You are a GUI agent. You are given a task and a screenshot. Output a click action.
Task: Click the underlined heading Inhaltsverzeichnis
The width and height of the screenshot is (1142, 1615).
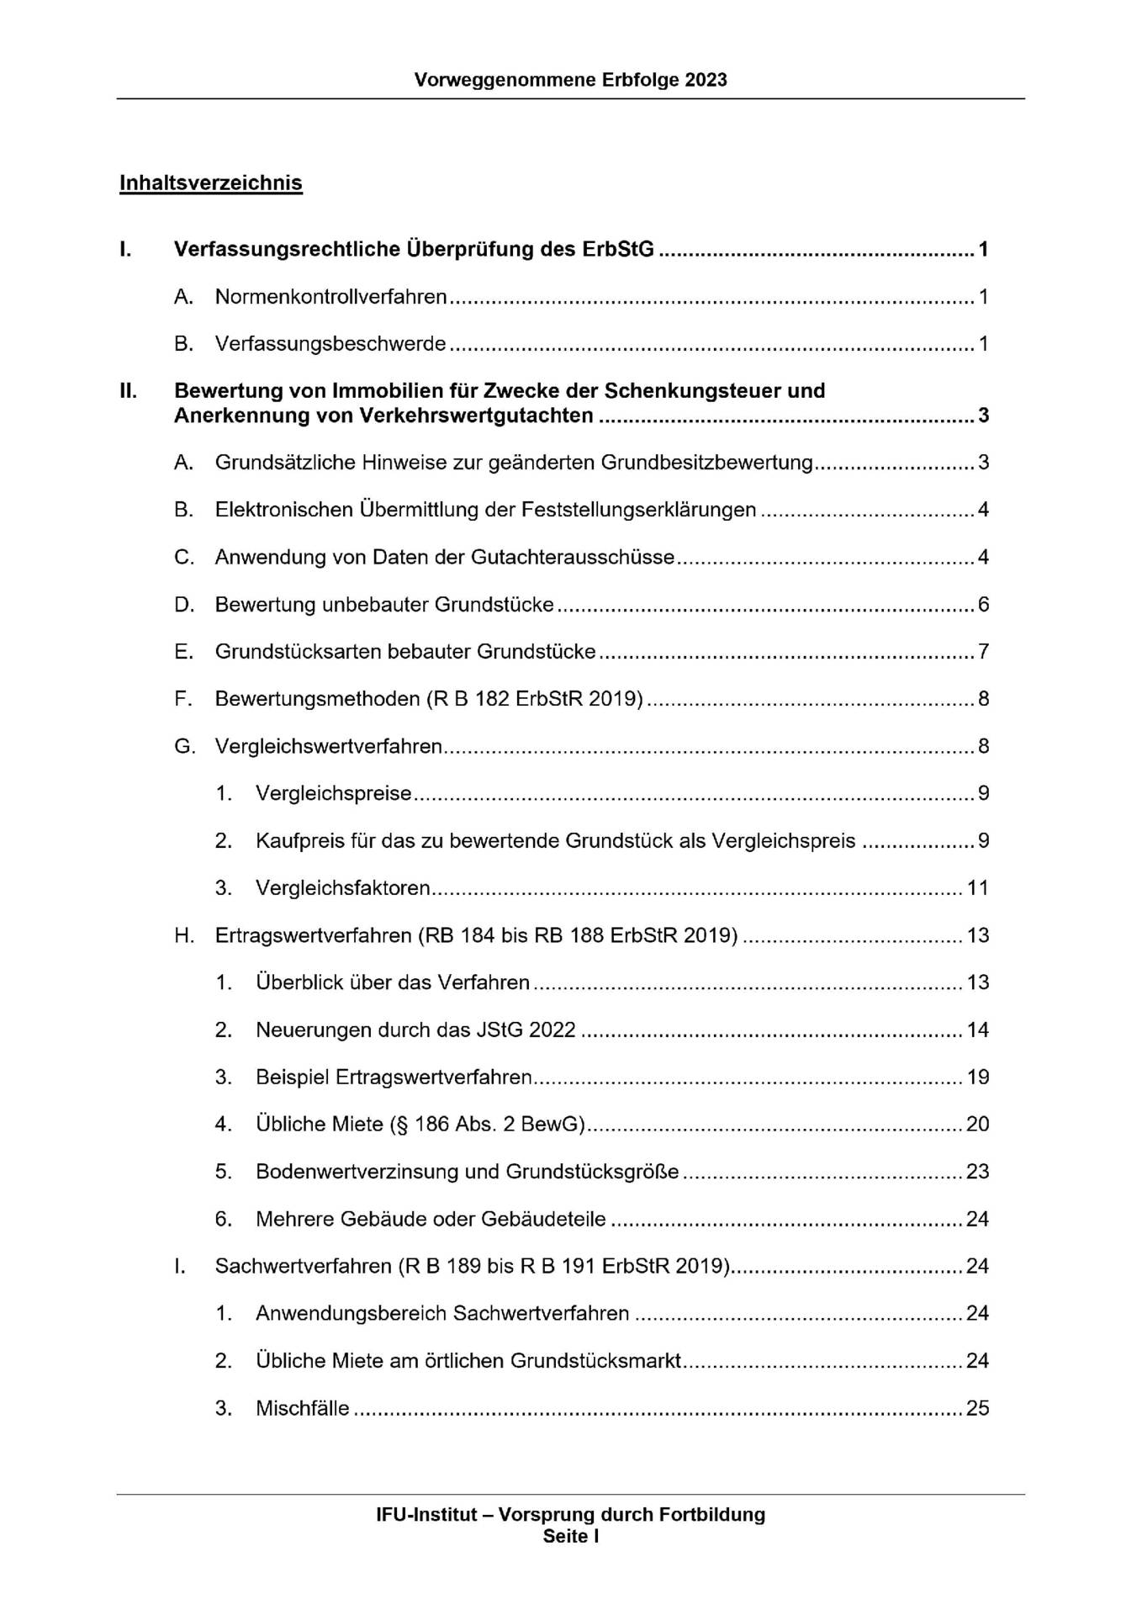tap(210, 183)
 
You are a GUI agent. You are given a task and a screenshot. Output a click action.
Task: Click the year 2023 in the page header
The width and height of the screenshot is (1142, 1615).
tap(706, 80)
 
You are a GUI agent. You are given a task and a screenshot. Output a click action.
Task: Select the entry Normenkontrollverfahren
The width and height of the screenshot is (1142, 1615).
tap(330, 297)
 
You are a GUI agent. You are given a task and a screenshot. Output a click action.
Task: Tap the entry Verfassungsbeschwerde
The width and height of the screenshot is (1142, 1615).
tap(330, 344)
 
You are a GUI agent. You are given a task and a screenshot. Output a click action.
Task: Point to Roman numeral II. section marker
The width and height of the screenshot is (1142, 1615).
tap(129, 391)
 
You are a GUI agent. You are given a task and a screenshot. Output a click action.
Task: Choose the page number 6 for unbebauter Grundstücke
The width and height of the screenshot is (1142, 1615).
tap(983, 605)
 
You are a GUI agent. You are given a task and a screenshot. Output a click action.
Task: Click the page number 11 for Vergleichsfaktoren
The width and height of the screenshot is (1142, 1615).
tap(977, 888)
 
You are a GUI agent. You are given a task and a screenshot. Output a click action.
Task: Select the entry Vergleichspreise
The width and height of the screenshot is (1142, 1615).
tap(334, 794)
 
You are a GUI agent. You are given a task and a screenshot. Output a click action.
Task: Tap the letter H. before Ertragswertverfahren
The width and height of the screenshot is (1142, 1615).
tap(184, 935)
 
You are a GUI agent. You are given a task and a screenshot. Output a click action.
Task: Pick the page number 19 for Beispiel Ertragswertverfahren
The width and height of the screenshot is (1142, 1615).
tap(977, 1078)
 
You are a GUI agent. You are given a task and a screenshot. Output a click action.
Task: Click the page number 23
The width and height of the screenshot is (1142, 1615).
tap(977, 1172)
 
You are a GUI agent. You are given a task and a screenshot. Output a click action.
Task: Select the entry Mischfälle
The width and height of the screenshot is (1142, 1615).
tap(303, 1409)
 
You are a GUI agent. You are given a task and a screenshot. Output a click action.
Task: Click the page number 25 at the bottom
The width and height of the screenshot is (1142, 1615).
tap(977, 1409)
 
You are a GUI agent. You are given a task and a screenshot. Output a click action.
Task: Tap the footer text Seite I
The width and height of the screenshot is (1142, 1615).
tap(570, 1537)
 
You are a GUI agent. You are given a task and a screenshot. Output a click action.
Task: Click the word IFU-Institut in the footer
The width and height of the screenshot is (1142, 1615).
tap(426, 1515)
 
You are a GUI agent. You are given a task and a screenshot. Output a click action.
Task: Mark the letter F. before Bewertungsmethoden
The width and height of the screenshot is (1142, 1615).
tap(183, 699)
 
